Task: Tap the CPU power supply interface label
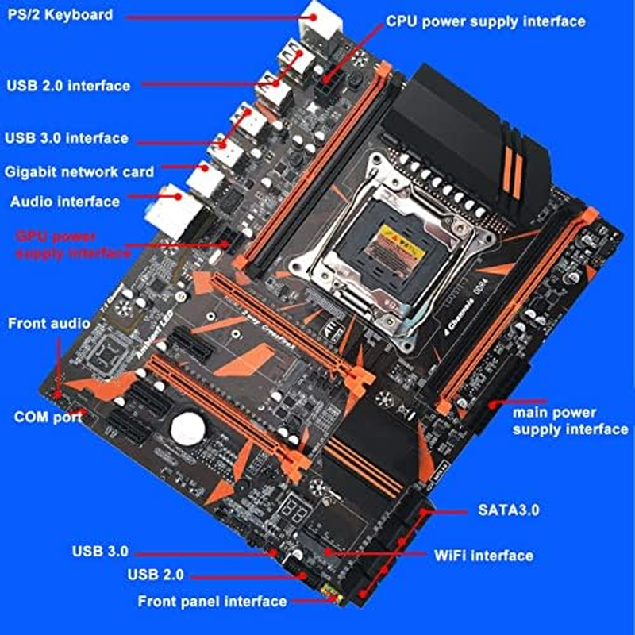click(486, 21)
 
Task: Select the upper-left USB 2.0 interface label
click(67, 86)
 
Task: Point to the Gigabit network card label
click(79, 171)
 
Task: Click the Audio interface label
click(65, 202)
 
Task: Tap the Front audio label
click(50, 324)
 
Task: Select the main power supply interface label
click(569, 421)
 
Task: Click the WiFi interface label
click(483, 555)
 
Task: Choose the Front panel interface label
click(212, 601)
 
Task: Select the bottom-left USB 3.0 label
click(99, 550)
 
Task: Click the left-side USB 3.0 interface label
click(66, 138)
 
